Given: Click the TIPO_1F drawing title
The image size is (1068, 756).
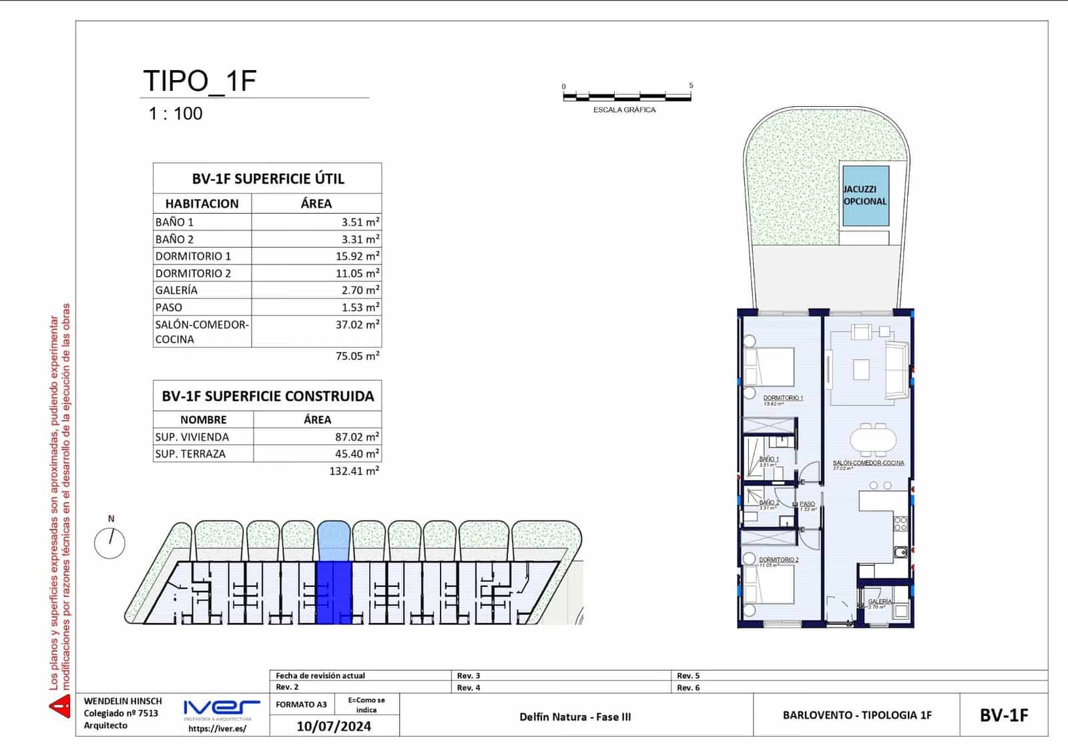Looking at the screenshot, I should [200, 81].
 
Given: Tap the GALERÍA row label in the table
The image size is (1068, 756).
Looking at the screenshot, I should [176, 291].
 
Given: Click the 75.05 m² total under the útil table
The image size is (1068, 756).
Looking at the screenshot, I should [357, 357].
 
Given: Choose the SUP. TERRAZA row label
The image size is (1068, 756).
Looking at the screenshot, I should [190, 454].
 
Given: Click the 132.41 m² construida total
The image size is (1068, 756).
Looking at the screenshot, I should [354, 471].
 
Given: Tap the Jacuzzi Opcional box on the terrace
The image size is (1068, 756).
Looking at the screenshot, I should [865, 196].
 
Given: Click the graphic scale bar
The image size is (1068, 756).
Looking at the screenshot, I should [627, 98].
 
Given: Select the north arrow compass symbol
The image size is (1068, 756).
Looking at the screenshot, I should [110, 542].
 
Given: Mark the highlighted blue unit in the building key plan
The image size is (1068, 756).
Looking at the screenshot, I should [334, 592].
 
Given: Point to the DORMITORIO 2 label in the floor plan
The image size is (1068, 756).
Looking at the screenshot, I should [778, 560].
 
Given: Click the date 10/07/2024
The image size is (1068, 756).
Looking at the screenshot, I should [334, 727].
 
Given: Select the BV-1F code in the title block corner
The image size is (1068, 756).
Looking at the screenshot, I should [1003, 715].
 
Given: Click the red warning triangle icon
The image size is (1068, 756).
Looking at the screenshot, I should [60, 707].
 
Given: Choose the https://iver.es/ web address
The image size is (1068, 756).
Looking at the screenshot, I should [217, 729].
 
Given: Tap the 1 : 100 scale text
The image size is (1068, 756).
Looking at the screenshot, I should [175, 114].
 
